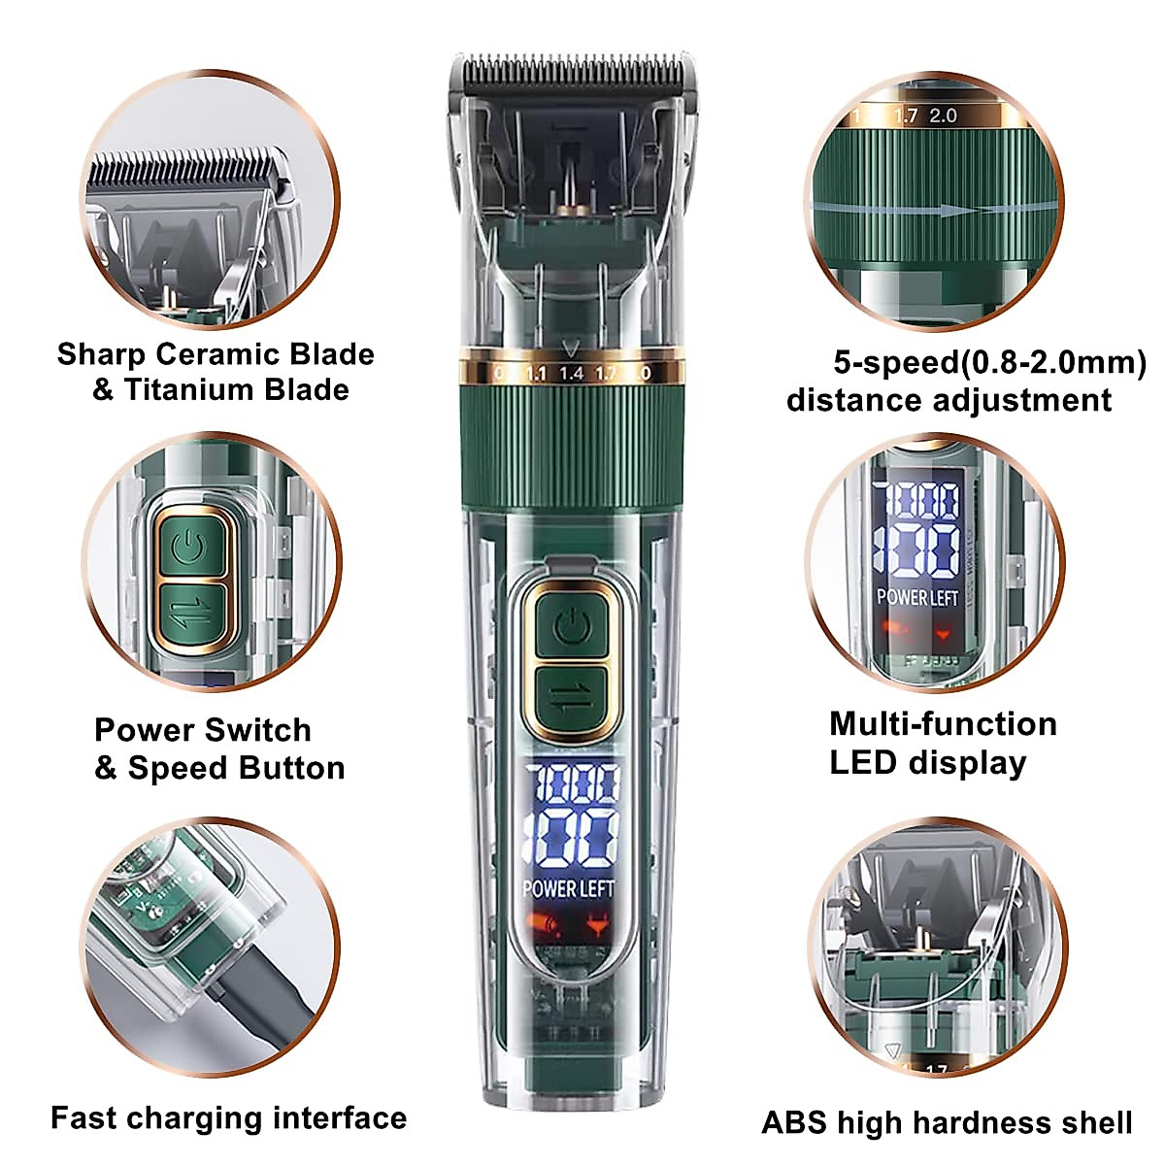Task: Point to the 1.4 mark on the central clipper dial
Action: (571, 373)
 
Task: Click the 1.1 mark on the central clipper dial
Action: (535, 373)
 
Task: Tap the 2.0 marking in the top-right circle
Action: (943, 116)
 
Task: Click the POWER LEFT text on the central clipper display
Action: (568, 887)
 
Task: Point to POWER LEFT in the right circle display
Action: (916, 597)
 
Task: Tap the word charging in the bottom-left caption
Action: (197, 1118)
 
